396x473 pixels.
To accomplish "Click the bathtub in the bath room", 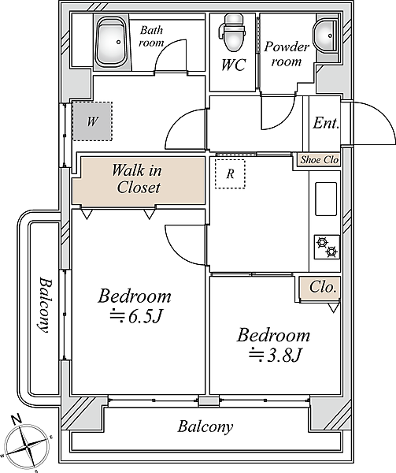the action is [x=112, y=43].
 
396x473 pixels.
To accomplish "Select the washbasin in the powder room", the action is [x=326, y=36].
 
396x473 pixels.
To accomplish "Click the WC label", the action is [x=234, y=65].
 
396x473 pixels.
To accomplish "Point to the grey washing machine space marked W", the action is [x=92, y=121].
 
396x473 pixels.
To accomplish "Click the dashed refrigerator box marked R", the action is [x=230, y=173].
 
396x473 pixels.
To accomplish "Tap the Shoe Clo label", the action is [x=320, y=159].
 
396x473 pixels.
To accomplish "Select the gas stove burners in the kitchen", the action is [x=327, y=247].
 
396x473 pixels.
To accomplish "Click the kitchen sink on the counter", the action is [x=326, y=199].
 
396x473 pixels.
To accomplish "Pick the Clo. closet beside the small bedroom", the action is [x=320, y=288].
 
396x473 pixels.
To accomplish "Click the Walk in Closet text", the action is [x=138, y=179].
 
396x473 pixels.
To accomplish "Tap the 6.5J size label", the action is [x=136, y=316].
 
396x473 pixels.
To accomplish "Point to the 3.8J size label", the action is [x=275, y=355].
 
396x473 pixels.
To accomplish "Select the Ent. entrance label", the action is [x=326, y=123].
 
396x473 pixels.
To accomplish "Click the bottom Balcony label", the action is [x=205, y=427].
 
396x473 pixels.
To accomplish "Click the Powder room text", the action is [x=287, y=54].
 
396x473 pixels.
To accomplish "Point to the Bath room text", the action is [x=151, y=36].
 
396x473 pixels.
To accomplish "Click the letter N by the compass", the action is [x=17, y=419].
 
